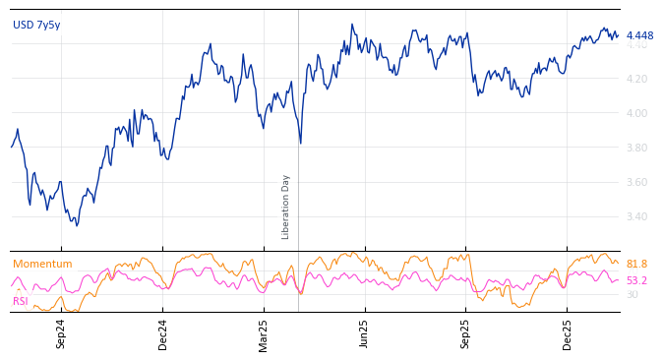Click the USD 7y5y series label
(36, 26)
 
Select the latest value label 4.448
(639, 36)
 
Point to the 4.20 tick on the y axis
(636, 79)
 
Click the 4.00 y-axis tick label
(636, 113)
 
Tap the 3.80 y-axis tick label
(636, 148)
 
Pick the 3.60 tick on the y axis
(636, 182)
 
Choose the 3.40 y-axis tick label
(636, 216)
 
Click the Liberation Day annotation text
(286, 207)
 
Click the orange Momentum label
(42, 265)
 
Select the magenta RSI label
(21, 301)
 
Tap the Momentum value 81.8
(636, 265)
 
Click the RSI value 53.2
(636, 281)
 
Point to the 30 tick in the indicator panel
(633, 294)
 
